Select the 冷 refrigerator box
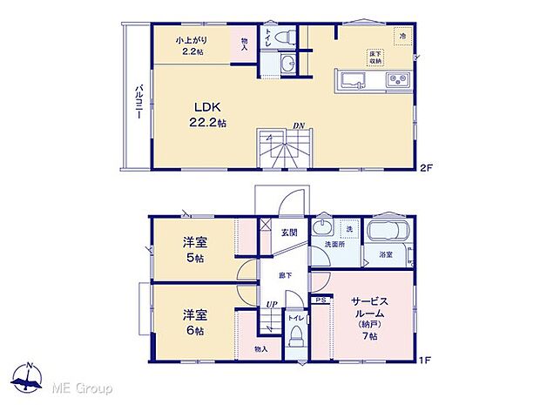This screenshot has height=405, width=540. pos(403,35)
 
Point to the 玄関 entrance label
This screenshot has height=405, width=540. pos(289,233)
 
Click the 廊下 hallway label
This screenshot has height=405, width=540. pos(285,274)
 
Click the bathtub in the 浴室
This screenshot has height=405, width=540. pos(388,233)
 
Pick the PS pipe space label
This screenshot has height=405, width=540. pos(321,300)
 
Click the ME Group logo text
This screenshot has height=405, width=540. pos(86,387)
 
